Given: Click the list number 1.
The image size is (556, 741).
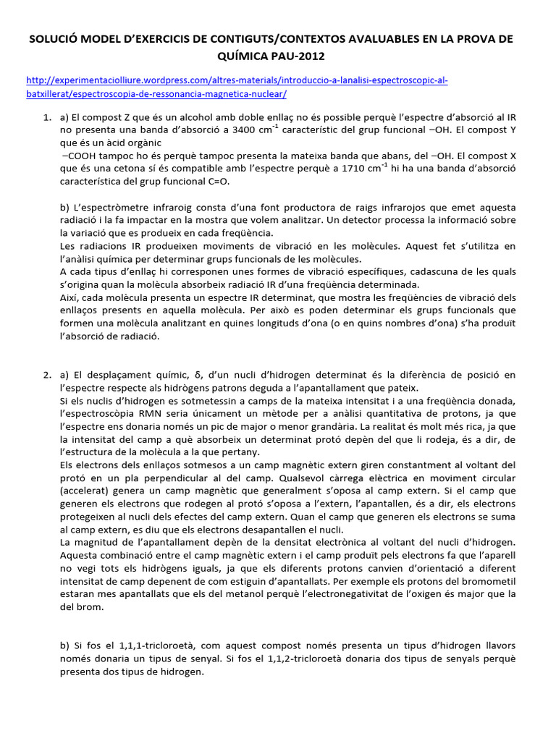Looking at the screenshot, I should click(x=46, y=117).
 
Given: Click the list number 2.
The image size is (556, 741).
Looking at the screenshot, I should click(x=46, y=374).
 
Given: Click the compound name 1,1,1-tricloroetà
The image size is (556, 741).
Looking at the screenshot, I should click(x=153, y=645).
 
